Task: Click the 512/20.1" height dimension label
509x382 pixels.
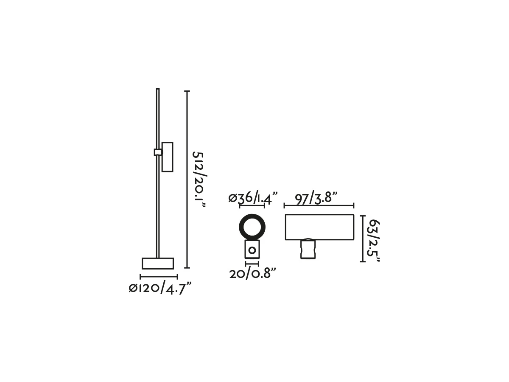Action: click(x=199, y=179)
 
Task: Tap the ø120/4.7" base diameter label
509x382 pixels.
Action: click(x=160, y=289)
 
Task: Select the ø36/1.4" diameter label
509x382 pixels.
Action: click(x=253, y=198)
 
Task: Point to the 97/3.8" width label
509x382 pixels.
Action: click(x=316, y=198)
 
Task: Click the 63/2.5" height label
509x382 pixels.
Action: click(x=374, y=241)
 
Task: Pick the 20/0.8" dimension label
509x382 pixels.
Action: click(x=253, y=273)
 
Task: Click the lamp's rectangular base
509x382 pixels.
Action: click(x=158, y=264)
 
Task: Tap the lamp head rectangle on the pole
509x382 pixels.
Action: click(x=167, y=157)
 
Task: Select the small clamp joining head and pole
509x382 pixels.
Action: click(x=158, y=152)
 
